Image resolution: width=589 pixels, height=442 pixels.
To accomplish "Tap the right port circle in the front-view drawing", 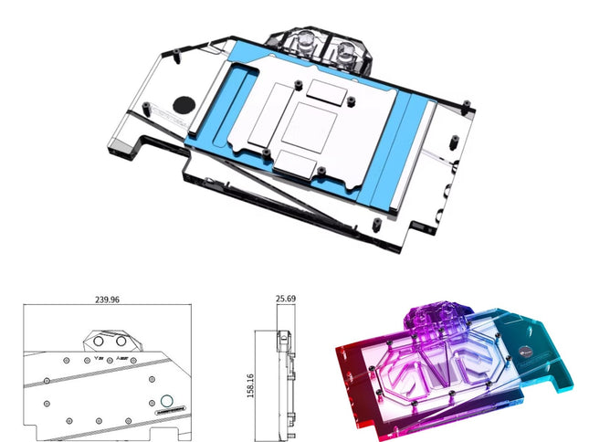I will point(121,343).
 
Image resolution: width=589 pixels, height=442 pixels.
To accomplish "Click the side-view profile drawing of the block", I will point(285,374).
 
